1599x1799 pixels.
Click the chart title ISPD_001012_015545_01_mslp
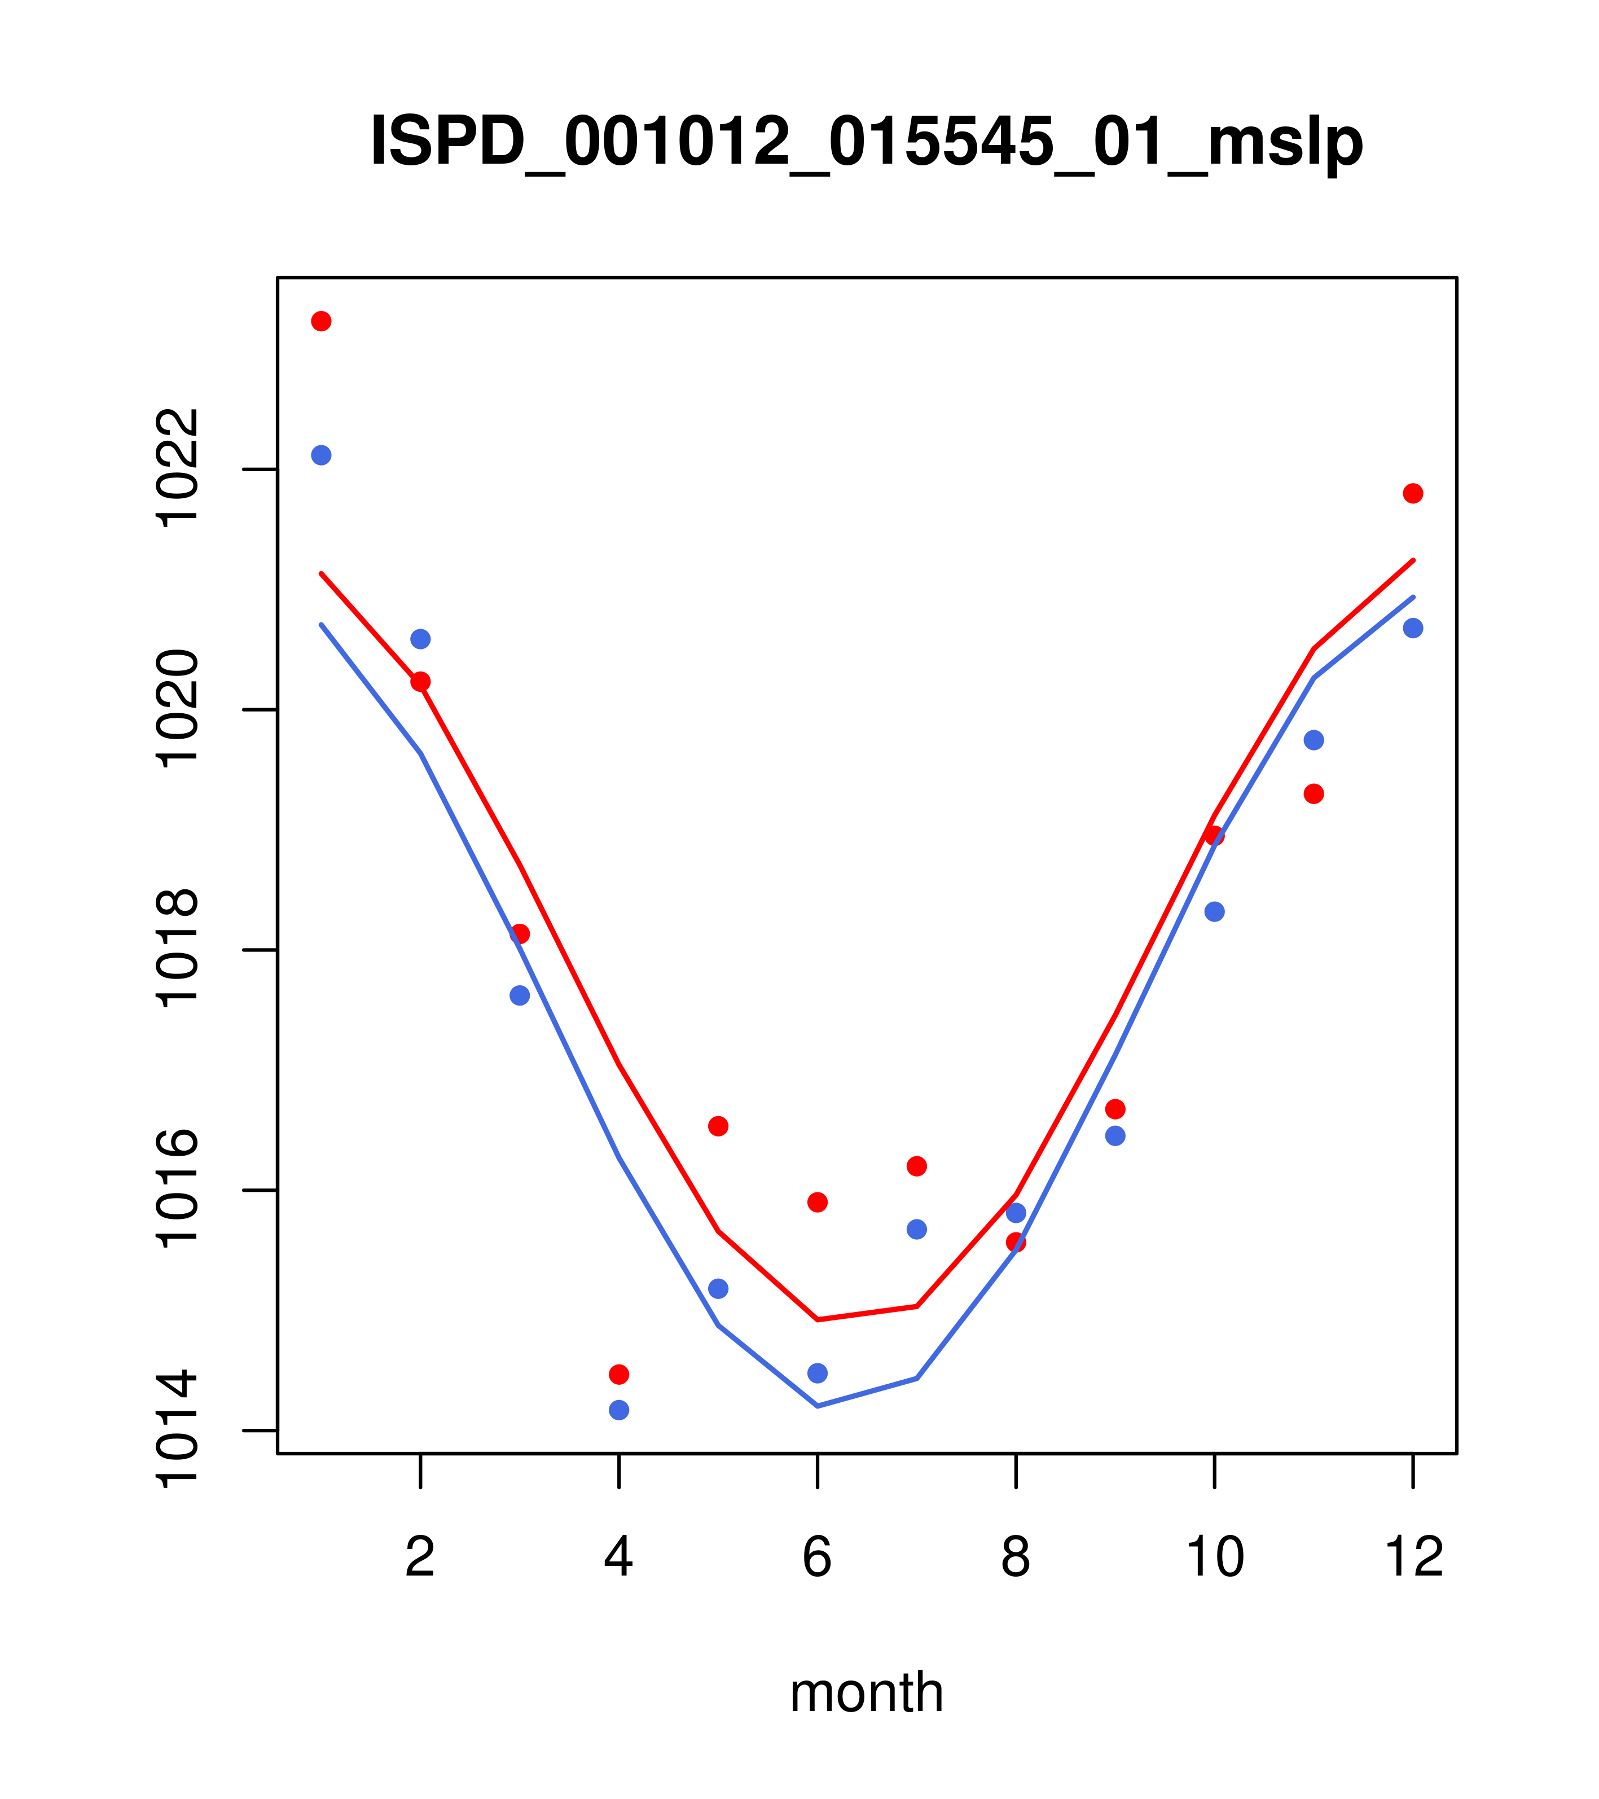(866, 141)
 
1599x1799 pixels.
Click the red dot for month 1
(321, 321)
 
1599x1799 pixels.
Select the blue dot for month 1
(321, 455)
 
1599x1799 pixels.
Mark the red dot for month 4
(618, 1375)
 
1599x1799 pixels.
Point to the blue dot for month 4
(618, 1410)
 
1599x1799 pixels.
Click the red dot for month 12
(1413, 494)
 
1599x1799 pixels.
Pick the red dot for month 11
(1314, 794)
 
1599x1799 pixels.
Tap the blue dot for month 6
(818, 1373)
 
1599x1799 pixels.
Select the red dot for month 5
(718, 1126)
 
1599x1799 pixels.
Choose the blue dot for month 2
(421, 639)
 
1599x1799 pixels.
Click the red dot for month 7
(917, 1166)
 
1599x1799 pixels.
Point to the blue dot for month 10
(1214, 912)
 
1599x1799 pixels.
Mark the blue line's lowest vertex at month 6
(818, 1406)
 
